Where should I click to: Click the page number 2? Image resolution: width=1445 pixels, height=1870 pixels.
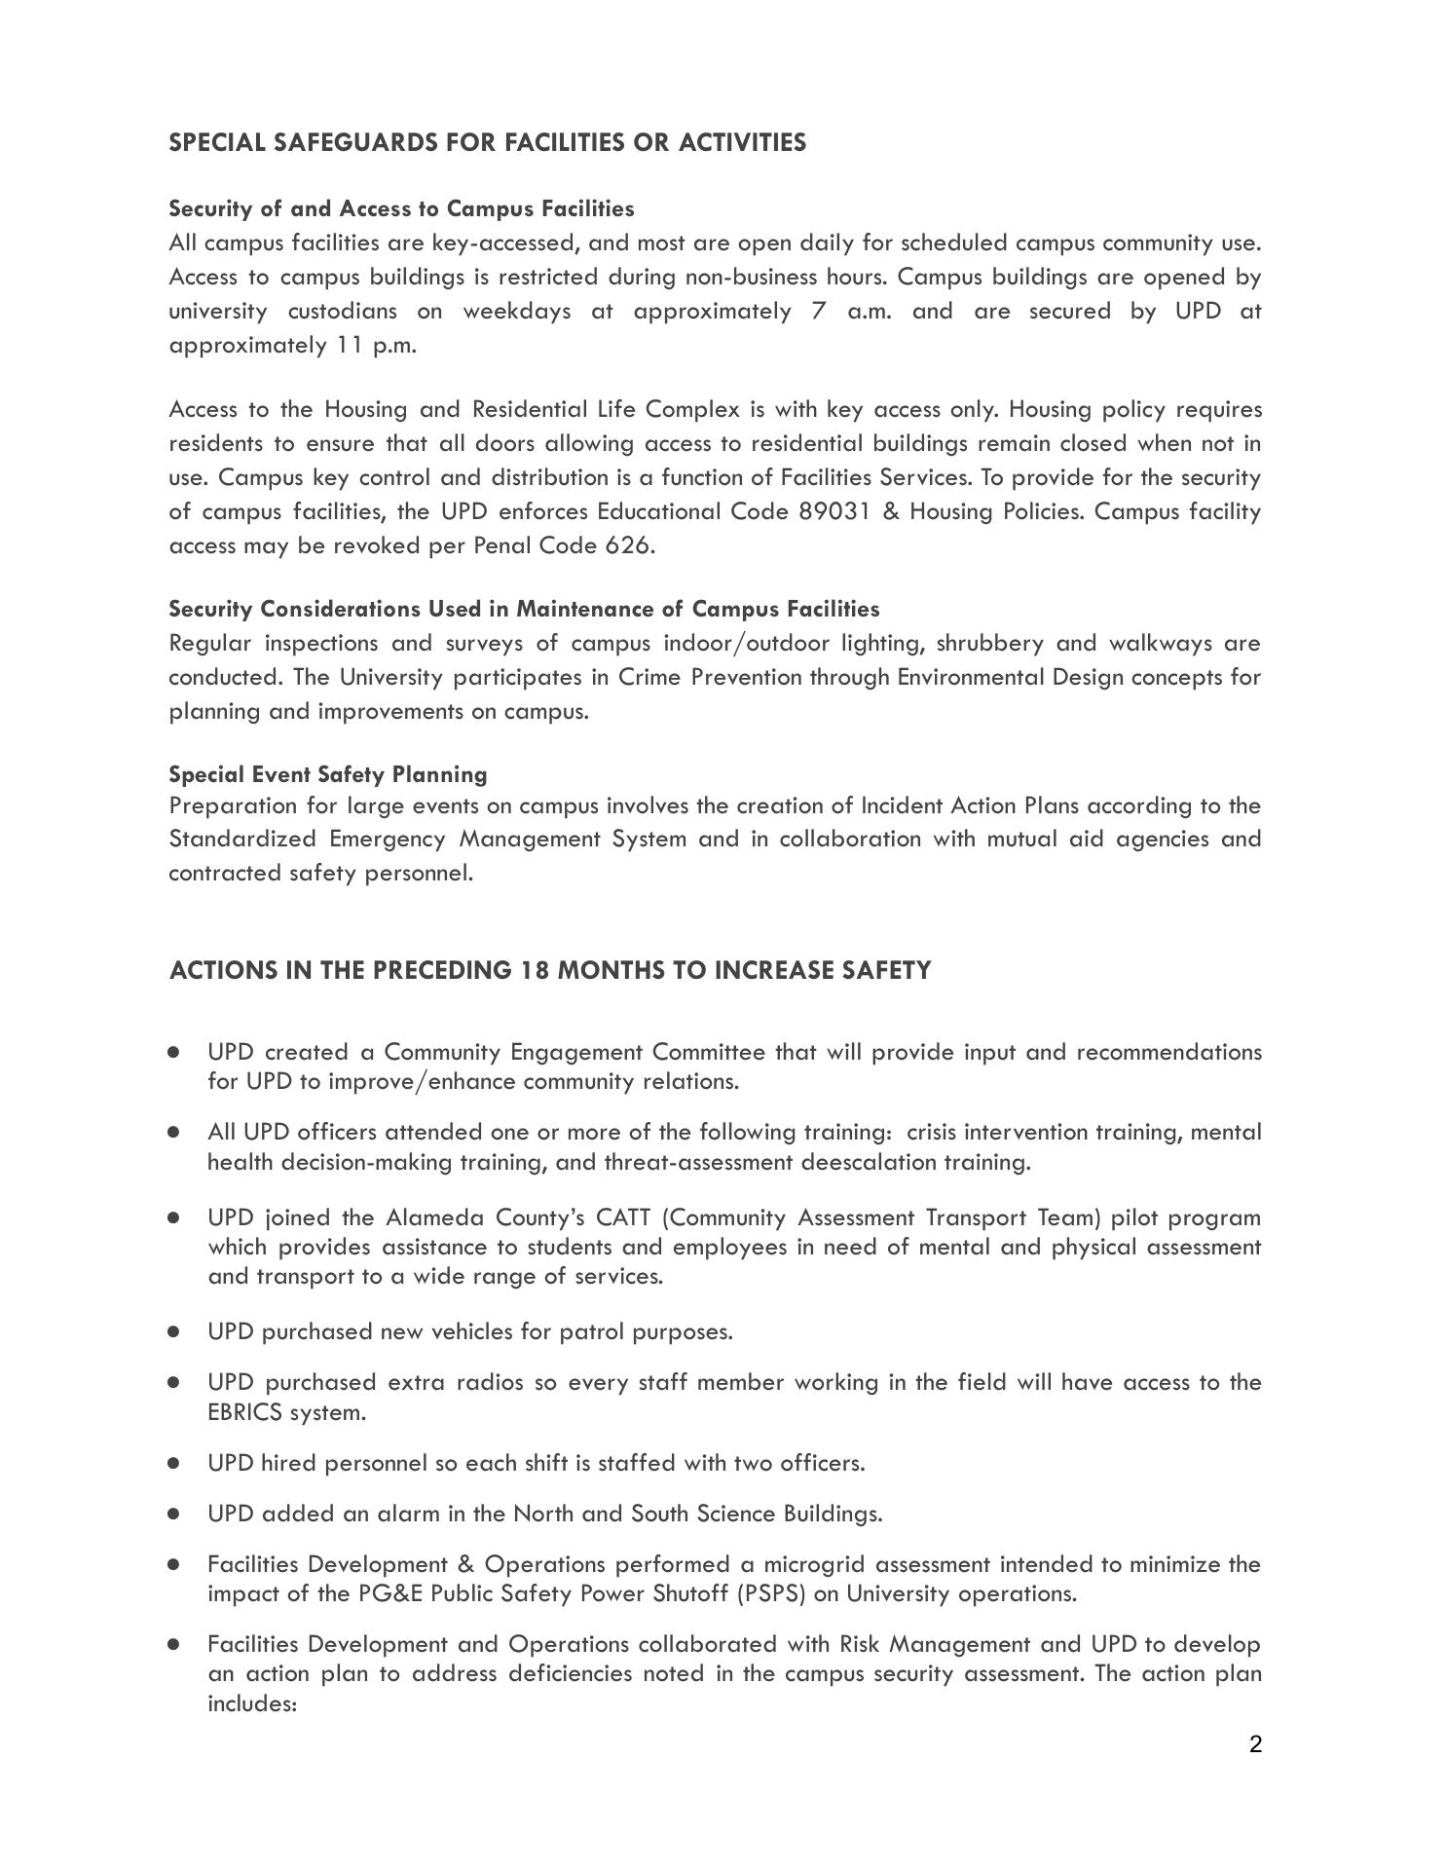click(1255, 1743)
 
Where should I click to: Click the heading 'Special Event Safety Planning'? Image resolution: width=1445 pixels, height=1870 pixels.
click(328, 774)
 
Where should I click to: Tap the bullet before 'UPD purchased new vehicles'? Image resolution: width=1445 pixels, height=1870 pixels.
click(174, 1330)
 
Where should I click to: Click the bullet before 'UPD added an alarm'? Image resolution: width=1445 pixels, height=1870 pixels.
click(174, 1514)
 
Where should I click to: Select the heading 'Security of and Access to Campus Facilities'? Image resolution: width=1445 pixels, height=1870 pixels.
click(401, 208)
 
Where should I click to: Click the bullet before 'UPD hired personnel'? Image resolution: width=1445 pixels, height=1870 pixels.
click(174, 1463)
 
